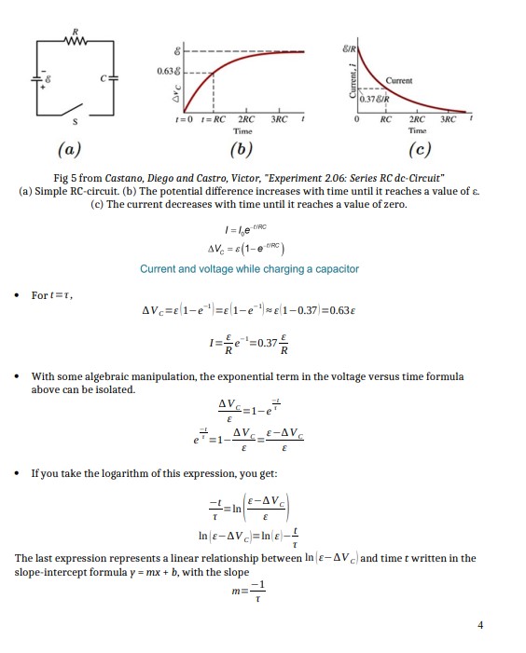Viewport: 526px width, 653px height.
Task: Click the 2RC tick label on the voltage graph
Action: [246, 122]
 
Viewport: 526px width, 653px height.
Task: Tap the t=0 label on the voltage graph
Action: [184, 122]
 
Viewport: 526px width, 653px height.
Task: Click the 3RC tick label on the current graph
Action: [447, 122]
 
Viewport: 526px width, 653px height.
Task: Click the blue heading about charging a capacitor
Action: [249, 269]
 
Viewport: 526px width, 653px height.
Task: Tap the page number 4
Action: [480, 625]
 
